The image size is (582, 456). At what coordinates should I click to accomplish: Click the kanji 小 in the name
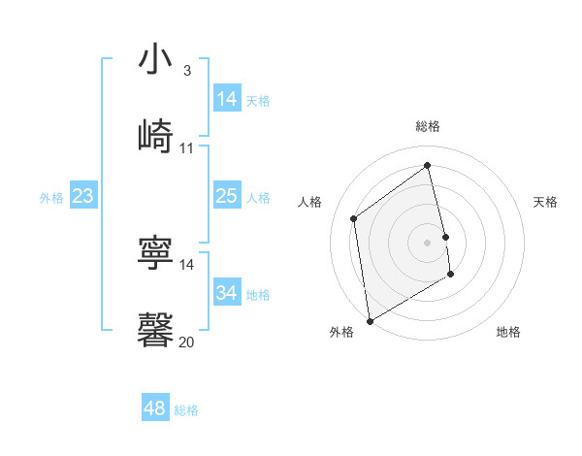pos(155,60)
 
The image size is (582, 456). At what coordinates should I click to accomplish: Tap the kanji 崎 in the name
pos(155,135)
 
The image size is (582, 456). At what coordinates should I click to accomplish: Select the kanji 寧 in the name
pos(155,251)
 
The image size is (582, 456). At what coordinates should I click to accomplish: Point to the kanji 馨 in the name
pos(155,329)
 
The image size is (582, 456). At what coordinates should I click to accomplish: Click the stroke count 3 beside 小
pos(186,71)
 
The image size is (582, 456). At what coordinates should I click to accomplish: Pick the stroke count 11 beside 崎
pos(187,147)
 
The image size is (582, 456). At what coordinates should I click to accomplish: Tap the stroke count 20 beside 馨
pos(187,342)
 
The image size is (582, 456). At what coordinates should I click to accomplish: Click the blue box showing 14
pos(227,99)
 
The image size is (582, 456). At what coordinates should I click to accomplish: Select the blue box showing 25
pos(227,197)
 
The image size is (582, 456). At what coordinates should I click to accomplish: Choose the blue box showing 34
pos(227,293)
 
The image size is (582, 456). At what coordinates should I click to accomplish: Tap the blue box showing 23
pos(83,197)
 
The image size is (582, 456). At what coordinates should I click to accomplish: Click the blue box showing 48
pos(155,408)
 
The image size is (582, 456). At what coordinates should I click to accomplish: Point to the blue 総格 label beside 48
pos(186,410)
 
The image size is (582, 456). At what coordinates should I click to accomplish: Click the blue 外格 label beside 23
pos(51,198)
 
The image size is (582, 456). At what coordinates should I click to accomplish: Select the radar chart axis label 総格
pos(428,126)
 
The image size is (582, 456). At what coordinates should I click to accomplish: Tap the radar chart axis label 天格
pos(545,202)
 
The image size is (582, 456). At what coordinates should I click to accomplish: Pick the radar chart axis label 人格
pos(310,202)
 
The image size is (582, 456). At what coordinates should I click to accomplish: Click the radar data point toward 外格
pos(370,319)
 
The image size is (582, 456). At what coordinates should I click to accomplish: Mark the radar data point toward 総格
pos(428,165)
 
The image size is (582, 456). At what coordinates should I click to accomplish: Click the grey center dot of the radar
pos(428,242)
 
